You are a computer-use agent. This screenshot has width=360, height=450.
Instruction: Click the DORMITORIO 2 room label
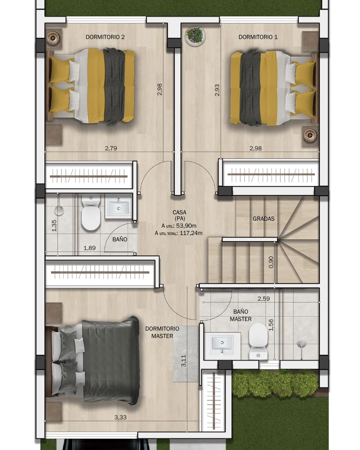[x=105, y=37]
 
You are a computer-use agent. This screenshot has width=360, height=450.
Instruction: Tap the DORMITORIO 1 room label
[x=258, y=37]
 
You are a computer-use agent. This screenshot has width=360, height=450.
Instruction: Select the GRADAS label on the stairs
[x=263, y=219]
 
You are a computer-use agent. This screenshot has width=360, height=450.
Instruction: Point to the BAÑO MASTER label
[x=241, y=315]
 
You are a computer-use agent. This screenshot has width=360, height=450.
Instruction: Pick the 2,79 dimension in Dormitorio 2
[x=111, y=148]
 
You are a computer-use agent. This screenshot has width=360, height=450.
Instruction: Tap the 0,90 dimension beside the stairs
[x=271, y=262]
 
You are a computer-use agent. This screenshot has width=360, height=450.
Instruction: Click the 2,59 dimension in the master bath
[x=264, y=299]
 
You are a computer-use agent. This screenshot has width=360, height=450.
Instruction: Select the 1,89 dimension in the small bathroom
[x=90, y=248]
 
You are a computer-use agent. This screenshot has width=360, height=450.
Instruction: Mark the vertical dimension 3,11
[x=183, y=361]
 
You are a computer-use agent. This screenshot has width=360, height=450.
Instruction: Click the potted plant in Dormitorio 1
[x=195, y=36]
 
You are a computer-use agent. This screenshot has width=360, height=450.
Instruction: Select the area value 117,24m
[x=191, y=233]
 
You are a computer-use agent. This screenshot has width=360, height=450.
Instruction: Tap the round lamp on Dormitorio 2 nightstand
[x=53, y=38]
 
